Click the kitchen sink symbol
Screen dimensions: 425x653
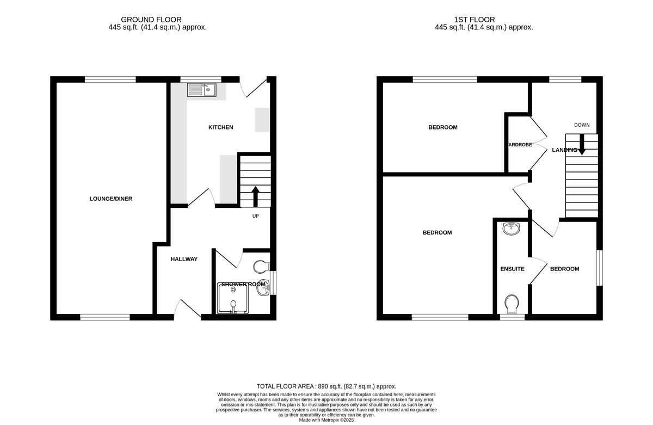[x=202, y=90]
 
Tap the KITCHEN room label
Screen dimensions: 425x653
[x=221, y=127]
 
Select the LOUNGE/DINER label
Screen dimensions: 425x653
[x=111, y=199]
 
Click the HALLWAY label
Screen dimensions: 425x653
[x=184, y=259]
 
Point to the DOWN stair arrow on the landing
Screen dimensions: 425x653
[x=581, y=144]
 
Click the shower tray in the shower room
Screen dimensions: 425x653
[x=232, y=299]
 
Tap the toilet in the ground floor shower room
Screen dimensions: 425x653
[x=261, y=267]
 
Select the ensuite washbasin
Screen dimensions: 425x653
[x=510, y=229]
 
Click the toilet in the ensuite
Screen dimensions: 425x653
[x=511, y=304]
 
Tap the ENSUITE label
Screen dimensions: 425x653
[x=512, y=269]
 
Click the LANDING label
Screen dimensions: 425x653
[x=564, y=150]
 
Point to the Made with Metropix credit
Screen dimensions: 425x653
[x=326, y=420]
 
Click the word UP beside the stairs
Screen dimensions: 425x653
[x=255, y=216]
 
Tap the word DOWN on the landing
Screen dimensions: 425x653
[x=582, y=125]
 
